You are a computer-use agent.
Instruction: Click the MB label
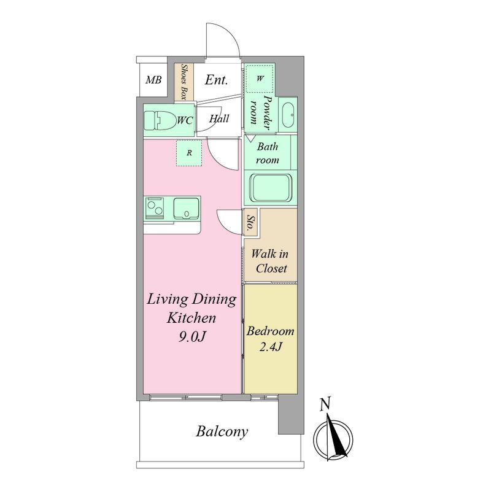tap(153, 80)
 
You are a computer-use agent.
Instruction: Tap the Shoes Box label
tap(184, 82)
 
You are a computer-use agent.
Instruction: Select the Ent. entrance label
tap(217, 80)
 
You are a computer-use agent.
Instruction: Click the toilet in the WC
tap(160, 120)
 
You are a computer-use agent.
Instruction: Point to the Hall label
tap(219, 118)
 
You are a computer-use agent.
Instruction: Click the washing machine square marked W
tap(260, 79)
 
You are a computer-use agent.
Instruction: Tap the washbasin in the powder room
tap(288, 115)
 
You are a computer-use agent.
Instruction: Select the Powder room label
tap(260, 112)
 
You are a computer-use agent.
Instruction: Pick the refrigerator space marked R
tap(189, 153)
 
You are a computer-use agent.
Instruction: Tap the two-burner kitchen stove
tap(154, 207)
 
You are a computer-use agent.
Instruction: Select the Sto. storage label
tap(250, 222)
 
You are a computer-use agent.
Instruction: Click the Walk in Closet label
tap(270, 261)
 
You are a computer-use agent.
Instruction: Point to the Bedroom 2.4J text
tap(270, 339)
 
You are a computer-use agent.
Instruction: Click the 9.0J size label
tap(192, 337)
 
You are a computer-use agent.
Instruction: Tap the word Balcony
tap(222, 432)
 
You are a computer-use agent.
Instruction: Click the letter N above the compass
tap(325, 404)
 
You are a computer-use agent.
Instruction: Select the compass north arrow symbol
tap(334, 437)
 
